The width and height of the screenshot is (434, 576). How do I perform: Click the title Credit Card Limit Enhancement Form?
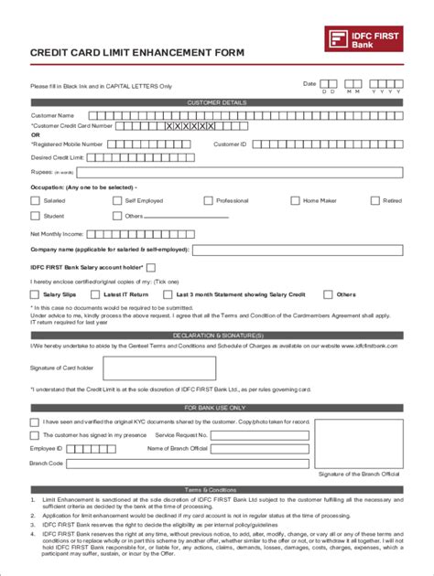(x=137, y=53)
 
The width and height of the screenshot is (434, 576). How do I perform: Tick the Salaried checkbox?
(x=35, y=200)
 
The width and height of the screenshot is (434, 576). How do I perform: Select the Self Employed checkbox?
(x=117, y=200)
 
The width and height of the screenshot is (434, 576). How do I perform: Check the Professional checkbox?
(x=208, y=200)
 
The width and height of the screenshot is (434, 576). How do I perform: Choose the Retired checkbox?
(x=374, y=200)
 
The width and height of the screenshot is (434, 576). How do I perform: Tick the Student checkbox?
(x=35, y=216)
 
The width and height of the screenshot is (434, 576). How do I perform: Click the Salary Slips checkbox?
(x=35, y=294)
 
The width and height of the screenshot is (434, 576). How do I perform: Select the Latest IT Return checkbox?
(x=94, y=294)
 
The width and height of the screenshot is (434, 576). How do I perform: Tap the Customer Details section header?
(x=216, y=103)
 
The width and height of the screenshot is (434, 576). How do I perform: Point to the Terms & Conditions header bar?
(x=216, y=490)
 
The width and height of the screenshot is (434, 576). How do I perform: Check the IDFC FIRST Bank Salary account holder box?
(x=151, y=267)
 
